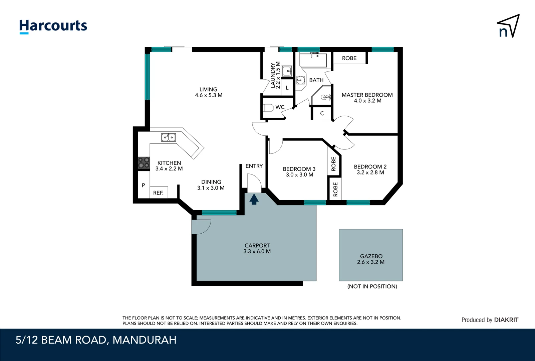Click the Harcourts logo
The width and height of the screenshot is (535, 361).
click(53, 26)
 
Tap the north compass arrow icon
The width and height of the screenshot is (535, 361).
click(508, 26)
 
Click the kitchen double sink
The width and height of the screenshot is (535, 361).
click(169, 137)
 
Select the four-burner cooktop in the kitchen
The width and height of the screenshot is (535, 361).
click(144, 163)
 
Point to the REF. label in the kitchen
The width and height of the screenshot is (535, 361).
click(158, 193)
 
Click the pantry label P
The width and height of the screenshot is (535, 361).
click(144, 185)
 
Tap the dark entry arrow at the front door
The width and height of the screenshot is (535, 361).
click(254, 200)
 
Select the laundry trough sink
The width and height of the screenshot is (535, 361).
click(287, 71)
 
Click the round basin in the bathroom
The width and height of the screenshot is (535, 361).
click(300, 80)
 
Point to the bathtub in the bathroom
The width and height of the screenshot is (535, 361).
click(313, 60)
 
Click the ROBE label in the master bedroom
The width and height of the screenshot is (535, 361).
click(349, 58)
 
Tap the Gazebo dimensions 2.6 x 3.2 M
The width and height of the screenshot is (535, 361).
click(370, 262)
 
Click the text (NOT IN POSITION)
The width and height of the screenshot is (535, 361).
click(372, 286)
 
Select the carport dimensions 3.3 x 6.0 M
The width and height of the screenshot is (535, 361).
click(257, 251)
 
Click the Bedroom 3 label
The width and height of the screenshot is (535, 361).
click(299, 169)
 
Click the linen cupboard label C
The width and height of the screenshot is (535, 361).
click(322, 114)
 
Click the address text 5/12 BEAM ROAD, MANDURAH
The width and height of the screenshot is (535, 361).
click(96, 340)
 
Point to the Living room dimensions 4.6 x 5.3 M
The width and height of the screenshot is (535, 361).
click(209, 95)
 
